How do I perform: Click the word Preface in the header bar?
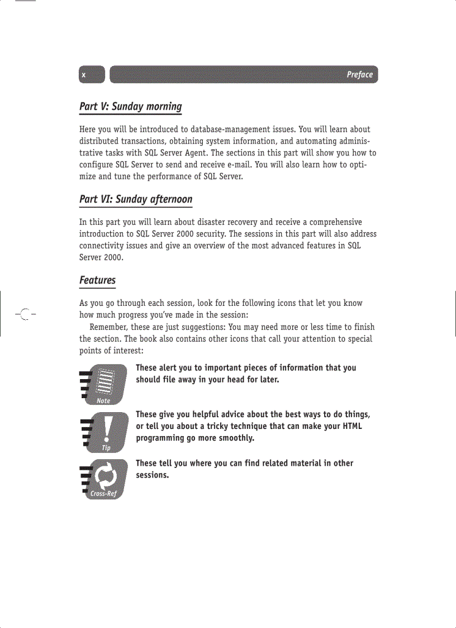359,75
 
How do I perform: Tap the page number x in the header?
84,75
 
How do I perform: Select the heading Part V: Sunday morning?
131,106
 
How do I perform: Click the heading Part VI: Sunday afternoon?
136,199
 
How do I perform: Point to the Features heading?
97,280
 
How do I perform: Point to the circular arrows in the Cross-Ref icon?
105,476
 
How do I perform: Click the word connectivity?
103,245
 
